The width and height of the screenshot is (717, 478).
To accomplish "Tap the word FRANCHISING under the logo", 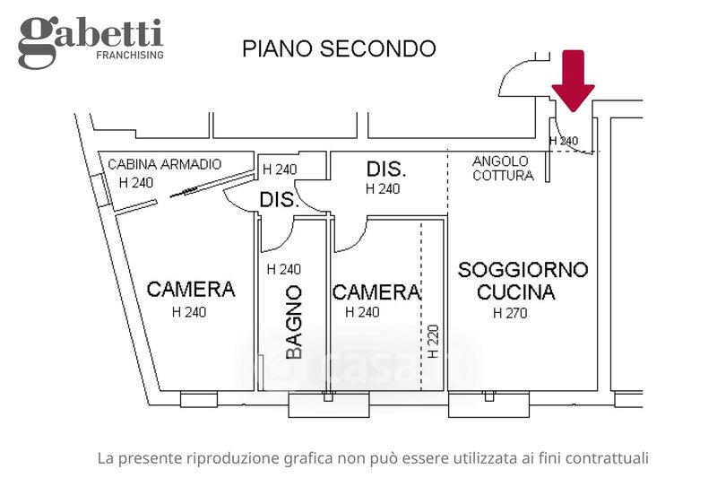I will pyautogui.click(x=129, y=55).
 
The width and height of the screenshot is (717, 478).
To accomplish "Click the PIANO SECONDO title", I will pyautogui.click(x=339, y=48).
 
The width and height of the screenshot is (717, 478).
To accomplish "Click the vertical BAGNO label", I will pyautogui.click(x=293, y=322).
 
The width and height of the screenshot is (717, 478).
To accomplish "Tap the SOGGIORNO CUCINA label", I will pyautogui.click(x=523, y=280).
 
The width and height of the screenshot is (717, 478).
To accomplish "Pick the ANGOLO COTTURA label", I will pyautogui.click(x=502, y=168).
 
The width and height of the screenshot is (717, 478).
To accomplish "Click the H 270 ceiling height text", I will pyautogui.click(x=511, y=313).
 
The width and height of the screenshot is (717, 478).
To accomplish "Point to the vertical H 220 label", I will pyautogui.click(x=434, y=341).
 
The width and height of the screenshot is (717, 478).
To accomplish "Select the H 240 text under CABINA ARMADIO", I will pyautogui.click(x=136, y=182).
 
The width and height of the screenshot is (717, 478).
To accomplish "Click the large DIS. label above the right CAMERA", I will pyautogui.click(x=387, y=169).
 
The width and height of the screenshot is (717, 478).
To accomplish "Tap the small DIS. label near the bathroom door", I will pyautogui.click(x=279, y=200).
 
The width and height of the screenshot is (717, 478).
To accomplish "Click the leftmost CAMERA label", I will pyautogui.click(x=191, y=290).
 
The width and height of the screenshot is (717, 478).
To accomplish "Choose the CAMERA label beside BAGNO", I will pyautogui.click(x=376, y=292).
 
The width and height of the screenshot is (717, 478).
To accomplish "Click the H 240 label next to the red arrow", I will pyautogui.click(x=564, y=141).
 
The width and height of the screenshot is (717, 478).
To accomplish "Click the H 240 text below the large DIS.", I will pyautogui.click(x=383, y=188).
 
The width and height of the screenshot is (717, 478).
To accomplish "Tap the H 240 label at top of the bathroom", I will pyautogui.click(x=284, y=269).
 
